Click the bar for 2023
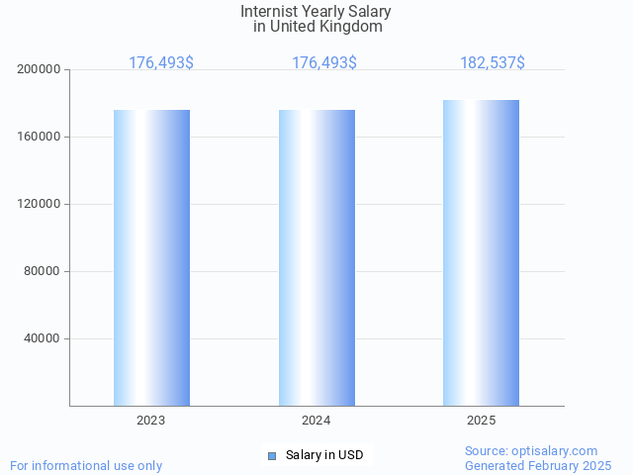(x=151, y=257)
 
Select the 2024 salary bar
(x=316, y=257)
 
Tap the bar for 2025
(x=481, y=252)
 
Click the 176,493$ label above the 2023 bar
(x=161, y=63)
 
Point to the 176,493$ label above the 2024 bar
(x=324, y=63)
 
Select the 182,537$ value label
(x=493, y=63)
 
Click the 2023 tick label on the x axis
(x=151, y=421)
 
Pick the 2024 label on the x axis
(x=316, y=421)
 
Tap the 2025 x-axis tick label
(x=482, y=421)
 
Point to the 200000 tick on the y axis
(x=40, y=69)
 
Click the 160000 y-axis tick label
(x=40, y=137)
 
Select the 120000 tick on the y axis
(x=40, y=204)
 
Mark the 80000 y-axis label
(x=43, y=271)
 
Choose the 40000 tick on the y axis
(x=43, y=338)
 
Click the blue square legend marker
(x=272, y=455)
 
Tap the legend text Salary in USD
(x=324, y=455)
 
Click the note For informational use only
(x=86, y=465)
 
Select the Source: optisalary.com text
(x=531, y=451)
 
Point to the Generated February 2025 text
(x=538, y=465)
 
